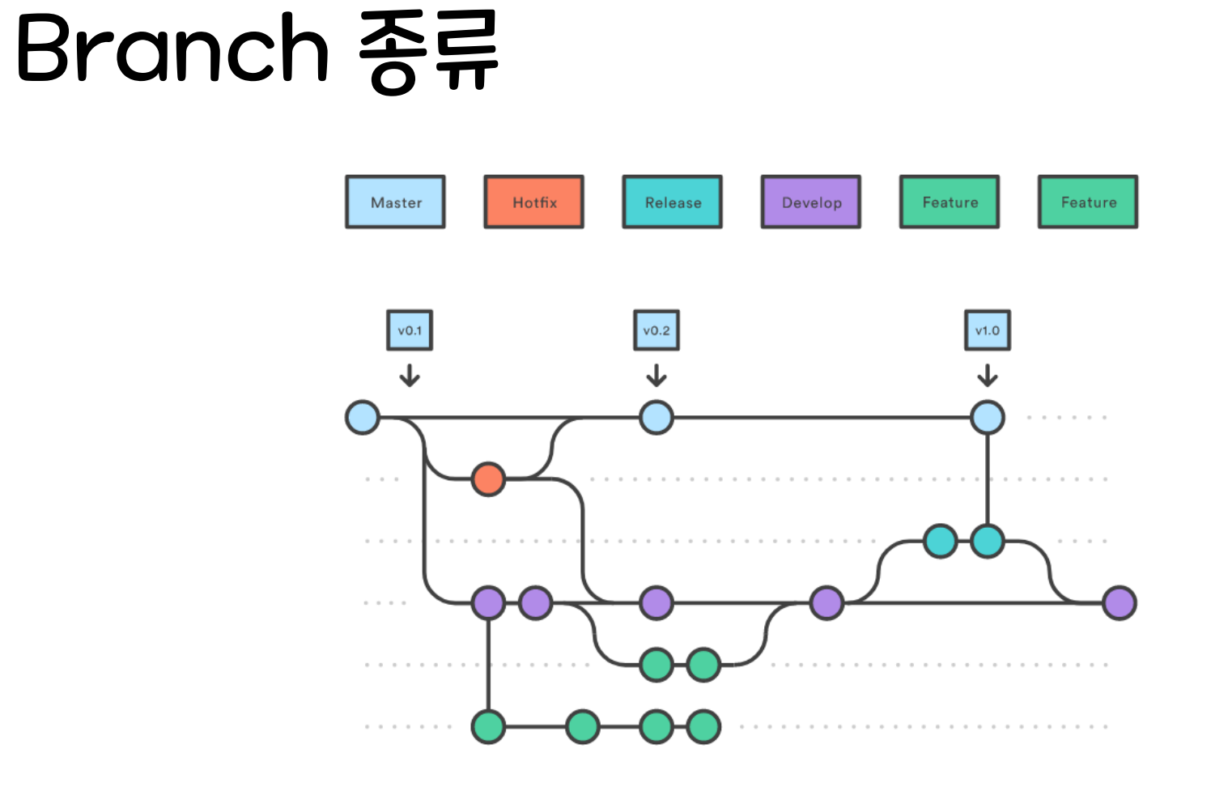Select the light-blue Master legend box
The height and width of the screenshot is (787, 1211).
coord(395,202)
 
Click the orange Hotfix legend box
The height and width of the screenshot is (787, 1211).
coord(534,202)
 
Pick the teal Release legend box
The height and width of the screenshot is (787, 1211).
coord(673,202)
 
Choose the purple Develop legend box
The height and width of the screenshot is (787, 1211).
coord(811,202)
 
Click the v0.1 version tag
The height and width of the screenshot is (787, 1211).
coord(410,330)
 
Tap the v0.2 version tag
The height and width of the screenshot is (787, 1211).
coord(656,330)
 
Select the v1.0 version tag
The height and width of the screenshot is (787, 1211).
coord(988,330)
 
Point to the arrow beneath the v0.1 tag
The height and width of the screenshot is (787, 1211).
coord(410,375)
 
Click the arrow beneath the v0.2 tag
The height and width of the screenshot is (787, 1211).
coord(656,375)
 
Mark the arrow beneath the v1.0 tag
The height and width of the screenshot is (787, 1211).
coord(988,375)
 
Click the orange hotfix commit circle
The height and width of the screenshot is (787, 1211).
coord(488,479)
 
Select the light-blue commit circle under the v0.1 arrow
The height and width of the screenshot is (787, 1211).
coord(363,418)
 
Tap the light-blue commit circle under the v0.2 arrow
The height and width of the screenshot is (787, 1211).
coord(656,418)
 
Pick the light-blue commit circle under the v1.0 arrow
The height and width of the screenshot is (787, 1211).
coord(988,418)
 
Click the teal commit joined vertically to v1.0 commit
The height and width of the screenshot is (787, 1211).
coord(988,541)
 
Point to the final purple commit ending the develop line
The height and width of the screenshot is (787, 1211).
coord(1120,603)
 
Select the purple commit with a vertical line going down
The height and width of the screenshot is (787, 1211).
coord(488,603)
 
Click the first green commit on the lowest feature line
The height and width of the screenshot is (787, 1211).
coord(488,727)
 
